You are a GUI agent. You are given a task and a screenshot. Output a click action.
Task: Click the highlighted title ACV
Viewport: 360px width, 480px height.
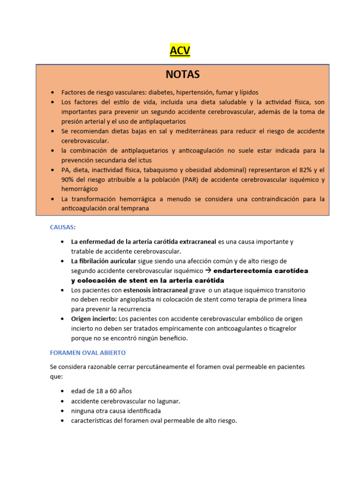180,51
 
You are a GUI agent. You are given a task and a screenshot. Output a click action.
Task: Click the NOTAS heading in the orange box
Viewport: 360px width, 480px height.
182,74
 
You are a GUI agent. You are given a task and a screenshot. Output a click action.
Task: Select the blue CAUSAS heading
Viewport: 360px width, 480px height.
62,227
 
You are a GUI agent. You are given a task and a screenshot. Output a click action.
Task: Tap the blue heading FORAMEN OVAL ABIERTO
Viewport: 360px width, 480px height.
88,352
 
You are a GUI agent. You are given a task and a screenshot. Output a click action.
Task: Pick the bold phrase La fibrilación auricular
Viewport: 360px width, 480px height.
104,261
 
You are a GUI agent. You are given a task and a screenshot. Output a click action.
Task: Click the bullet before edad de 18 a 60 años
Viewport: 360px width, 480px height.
63,391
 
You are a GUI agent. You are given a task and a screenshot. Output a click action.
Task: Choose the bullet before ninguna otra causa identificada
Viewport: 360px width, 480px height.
63,411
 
